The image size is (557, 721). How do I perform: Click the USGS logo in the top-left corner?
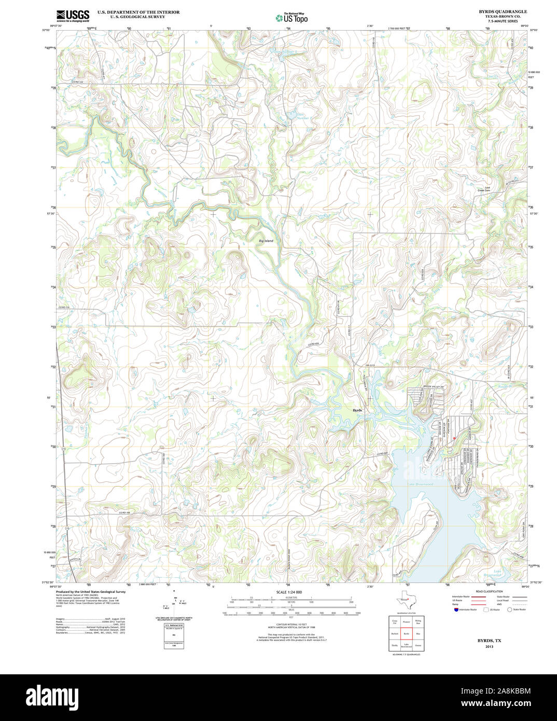pos(73,16)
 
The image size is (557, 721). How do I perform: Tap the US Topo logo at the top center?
pos(291,18)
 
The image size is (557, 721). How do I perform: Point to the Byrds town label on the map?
pos(357,410)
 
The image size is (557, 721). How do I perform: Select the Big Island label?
pos(266,241)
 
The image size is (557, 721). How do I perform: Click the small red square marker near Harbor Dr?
pos(454,438)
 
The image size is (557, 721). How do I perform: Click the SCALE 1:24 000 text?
pos(289,592)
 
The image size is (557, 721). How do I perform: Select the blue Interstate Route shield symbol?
pos(455,609)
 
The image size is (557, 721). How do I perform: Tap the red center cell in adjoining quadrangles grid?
pos(406,634)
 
